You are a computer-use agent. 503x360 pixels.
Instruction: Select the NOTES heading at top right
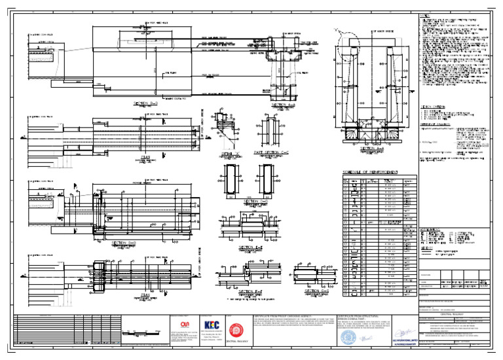pyautogui.click(x=424, y=16)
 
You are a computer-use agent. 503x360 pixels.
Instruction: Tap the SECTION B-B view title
pyautogui.click(x=145, y=103)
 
